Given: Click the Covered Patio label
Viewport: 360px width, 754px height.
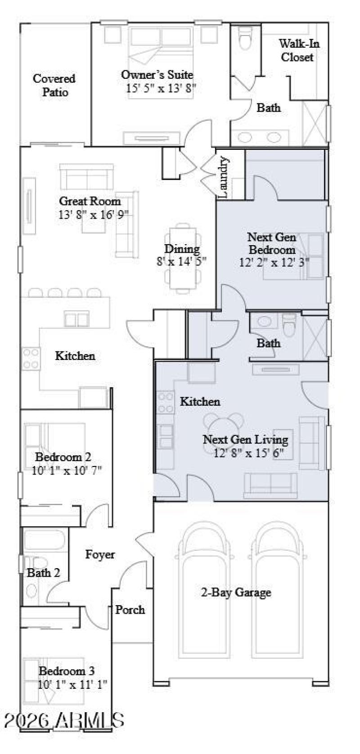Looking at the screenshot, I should tap(54, 85).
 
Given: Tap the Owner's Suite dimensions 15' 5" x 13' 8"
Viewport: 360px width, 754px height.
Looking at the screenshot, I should tap(161, 88).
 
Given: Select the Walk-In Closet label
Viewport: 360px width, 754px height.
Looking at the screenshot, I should tap(297, 50).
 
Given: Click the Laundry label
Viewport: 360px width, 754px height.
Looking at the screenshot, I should tap(224, 177).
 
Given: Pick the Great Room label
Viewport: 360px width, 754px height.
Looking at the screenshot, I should tap(90, 201).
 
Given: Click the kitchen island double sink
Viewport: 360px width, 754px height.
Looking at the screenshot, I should tap(76, 319).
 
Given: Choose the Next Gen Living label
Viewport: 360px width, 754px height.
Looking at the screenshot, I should tap(245, 439).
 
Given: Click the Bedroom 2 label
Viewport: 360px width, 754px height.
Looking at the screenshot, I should tap(63, 457).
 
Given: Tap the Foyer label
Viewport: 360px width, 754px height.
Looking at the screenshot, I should tap(100, 555).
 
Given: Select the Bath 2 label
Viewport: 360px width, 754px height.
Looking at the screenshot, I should tap(43, 573).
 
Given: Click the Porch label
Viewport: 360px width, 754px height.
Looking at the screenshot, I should tap(130, 610).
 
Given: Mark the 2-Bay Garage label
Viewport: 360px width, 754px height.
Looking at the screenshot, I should tap(235, 592).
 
